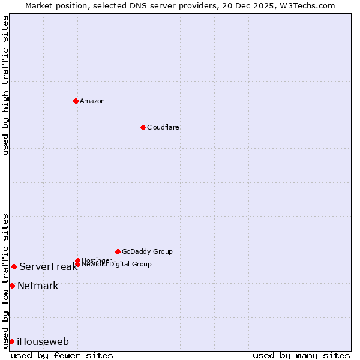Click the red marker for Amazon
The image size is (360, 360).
point(76,101)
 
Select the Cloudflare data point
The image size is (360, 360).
point(143,127)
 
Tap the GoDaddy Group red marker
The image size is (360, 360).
point(118,251)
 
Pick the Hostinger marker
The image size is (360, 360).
point(77,260)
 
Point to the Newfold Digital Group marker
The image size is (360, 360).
point(77,264)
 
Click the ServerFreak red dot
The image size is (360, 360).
point(14,266)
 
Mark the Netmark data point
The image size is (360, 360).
point(12,286)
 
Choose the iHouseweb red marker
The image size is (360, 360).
point(11,341)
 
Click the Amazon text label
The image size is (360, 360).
point(92,101)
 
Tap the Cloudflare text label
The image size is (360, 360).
point(163,127)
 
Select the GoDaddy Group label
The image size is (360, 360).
point(147,251)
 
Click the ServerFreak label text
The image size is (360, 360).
point(48,267)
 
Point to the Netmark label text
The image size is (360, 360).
point(38,286)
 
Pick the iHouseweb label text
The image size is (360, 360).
point(43,342)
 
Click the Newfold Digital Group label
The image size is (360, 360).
point(116,265)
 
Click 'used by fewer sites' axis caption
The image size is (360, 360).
point(62,355)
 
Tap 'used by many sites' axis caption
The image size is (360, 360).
point(301,355)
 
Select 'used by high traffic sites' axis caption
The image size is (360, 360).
point(5,85)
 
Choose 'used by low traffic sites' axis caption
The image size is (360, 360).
point(5,280)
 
